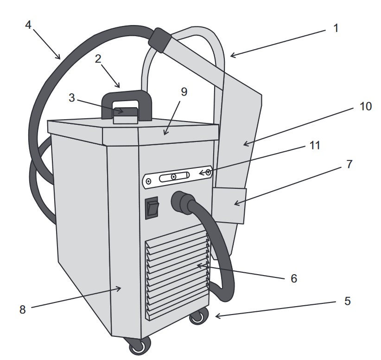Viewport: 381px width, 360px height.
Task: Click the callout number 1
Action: (x=336, y=28)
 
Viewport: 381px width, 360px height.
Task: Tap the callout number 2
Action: (x=98, y=59)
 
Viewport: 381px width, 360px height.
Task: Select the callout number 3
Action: (x=72, y=98)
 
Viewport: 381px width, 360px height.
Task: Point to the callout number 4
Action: (x=28, y=24)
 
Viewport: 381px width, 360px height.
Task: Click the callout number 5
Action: (x=347, y=301)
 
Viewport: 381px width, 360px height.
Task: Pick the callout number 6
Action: (x=293, y=278)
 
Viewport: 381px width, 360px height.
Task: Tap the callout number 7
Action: (x=349, y=164)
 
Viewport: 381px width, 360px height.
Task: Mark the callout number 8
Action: (x=22, y=310)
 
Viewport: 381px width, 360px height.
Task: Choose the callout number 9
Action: (x=184, y=92)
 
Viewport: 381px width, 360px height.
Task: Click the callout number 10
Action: (x=365, y=106)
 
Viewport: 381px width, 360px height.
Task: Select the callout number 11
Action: (x=315, y=145)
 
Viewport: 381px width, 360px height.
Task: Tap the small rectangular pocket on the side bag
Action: (x=228, y=204)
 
